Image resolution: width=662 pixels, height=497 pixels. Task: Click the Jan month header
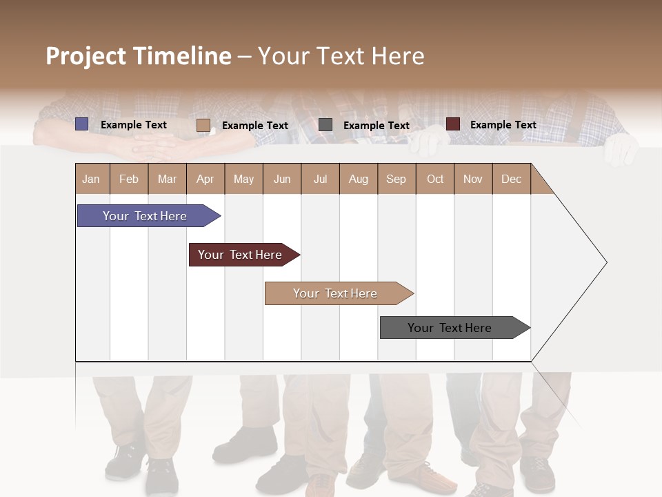[92, 179]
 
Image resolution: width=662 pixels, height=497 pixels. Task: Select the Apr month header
[205, 179]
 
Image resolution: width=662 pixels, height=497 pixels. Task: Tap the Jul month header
[320, 179]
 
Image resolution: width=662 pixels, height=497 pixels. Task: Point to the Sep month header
[397, 179]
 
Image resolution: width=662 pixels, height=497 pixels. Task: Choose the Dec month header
[511, 179]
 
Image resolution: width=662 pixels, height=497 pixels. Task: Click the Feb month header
[129, 179]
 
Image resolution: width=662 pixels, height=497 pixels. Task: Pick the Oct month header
[435, 179]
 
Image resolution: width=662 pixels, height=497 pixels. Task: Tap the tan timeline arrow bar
[336, 293]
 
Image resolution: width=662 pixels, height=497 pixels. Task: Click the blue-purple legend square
[82, 124]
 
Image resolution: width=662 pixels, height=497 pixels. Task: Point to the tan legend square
[203, 125]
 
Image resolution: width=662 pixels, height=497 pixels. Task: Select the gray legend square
[325, 125]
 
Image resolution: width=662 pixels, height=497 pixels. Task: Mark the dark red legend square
[452, 124]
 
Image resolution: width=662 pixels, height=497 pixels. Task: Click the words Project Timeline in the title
[139, 56]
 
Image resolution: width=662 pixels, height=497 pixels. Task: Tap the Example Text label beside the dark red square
[503, 125]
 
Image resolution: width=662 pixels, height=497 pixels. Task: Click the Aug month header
[359, 179]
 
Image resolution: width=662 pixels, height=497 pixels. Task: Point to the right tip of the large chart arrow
[605, 262]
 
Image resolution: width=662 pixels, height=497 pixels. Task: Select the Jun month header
[282, 179]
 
